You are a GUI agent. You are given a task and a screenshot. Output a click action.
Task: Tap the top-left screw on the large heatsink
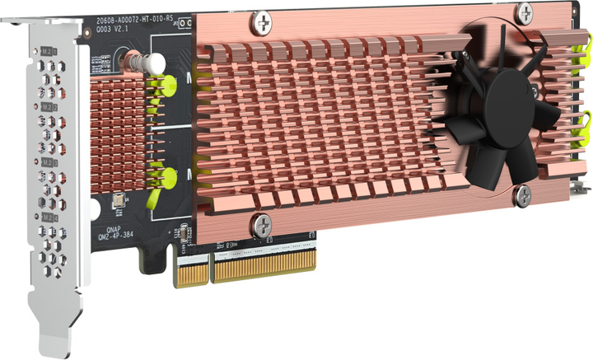262,18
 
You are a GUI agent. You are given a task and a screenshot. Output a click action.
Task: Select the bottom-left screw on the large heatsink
262,222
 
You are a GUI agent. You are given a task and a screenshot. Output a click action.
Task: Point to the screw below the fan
521,194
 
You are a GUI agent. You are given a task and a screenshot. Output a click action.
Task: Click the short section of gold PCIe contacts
190,269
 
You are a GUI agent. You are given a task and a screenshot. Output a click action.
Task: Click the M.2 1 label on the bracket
49,51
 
